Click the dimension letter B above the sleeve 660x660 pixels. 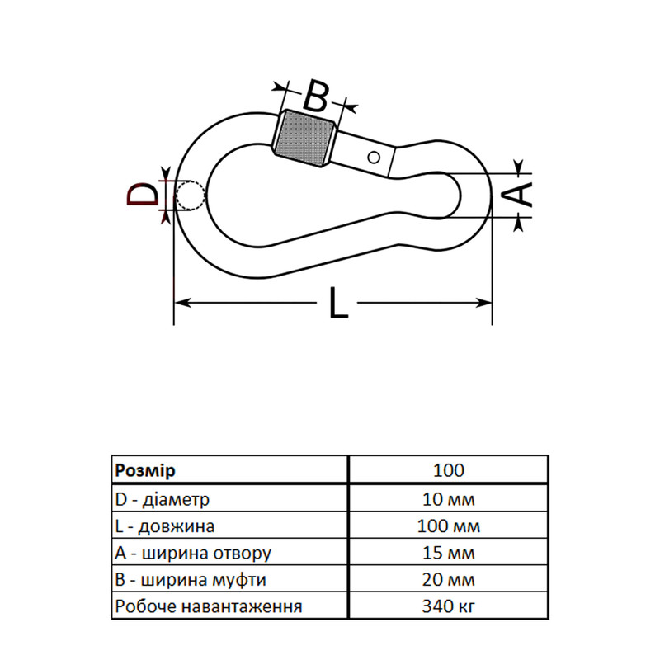tap(315, 96)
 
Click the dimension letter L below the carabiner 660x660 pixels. tap(338, 302)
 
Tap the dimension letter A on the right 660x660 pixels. tap(519, 195)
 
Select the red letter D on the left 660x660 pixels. tap(142, 194)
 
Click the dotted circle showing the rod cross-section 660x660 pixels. tap(191, 196)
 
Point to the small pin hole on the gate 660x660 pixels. tap(374, 158)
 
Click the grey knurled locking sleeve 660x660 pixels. tap(304, 139)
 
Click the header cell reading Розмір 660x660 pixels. tap(145, 470)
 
